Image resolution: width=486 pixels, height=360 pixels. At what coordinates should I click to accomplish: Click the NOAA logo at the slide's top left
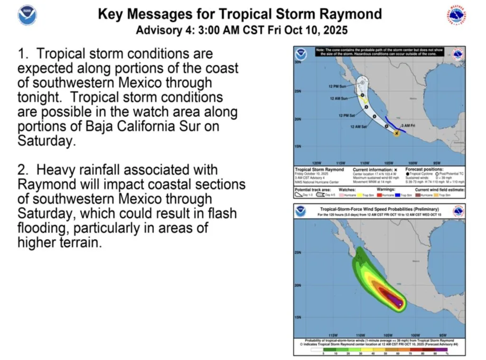[x=27, y=16]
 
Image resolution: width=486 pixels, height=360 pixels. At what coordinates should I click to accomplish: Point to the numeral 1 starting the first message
[x=21, y=54]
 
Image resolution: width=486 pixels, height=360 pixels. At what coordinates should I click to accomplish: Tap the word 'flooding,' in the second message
[x=43, y=228]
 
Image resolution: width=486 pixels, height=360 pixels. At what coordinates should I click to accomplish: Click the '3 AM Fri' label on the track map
[x=410, y=125]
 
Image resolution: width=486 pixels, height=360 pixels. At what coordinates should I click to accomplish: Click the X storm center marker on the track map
[x=397, y=134]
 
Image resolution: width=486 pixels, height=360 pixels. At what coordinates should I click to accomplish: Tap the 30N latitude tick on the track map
[x=298, y=62]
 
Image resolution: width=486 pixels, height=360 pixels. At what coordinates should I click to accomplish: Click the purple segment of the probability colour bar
[x=443, y=349]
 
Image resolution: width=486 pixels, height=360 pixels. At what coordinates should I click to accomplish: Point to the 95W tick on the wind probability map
[x=443, y=335]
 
